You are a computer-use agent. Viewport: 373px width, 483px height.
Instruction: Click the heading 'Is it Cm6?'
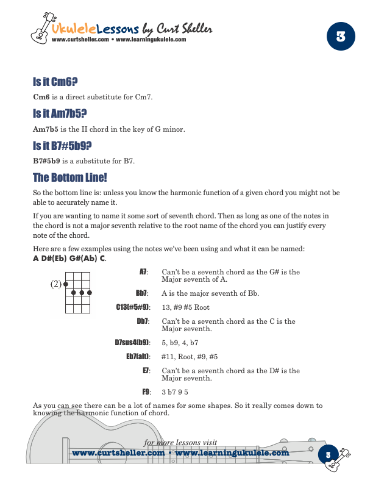point(55,82)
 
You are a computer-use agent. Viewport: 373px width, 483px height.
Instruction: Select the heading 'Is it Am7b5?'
point(60,114)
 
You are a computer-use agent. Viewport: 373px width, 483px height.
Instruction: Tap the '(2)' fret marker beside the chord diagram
point(56,284)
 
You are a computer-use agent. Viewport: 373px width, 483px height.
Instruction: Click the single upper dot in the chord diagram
point(66,284)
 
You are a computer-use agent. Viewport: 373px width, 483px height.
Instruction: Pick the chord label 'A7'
point(143,271)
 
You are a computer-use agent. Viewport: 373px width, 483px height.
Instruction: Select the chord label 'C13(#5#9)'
point(133,307)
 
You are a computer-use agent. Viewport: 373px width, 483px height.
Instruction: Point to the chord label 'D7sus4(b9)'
point(132,343)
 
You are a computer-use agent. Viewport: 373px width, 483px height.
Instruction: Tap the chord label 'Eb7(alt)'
point(138,357)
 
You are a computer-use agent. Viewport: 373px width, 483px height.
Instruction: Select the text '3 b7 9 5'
point(175,391)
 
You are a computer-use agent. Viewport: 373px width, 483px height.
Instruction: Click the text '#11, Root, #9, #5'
point(190,357)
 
